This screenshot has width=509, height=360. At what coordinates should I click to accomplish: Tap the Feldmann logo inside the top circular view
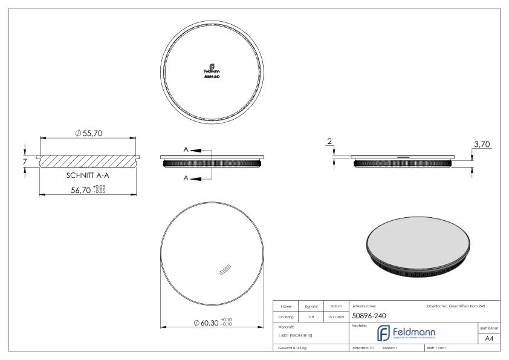pyautogui.click(x=211, y=68)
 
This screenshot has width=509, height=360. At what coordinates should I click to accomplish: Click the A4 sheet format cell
pyautogui.click(x=491, y=339)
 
